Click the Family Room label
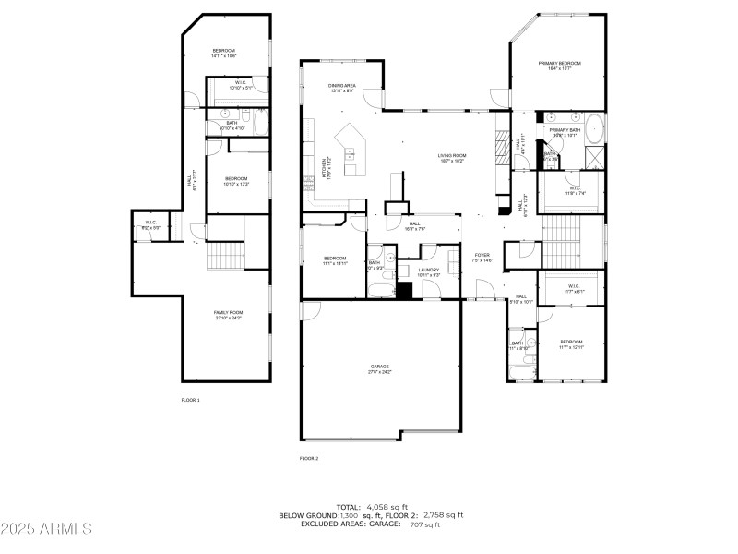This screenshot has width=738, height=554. pyautogui.click(x=228, y=315)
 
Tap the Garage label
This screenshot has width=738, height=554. pyautogui.click(x=380, y=368)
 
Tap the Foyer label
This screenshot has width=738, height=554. pyautogui.click(x=483, y=258)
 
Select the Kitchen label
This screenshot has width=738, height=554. pyautogui.click(x=325, y=168)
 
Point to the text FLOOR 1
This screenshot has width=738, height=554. pyautogui.click(x=191, y=400)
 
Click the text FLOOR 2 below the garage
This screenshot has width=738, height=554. pyautogui.click(x=309, y=458)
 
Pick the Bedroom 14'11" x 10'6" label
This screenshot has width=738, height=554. pyautogui.click(x=225, y=53)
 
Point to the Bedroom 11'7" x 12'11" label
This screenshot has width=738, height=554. pyautogui.click(x=571, y=344)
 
